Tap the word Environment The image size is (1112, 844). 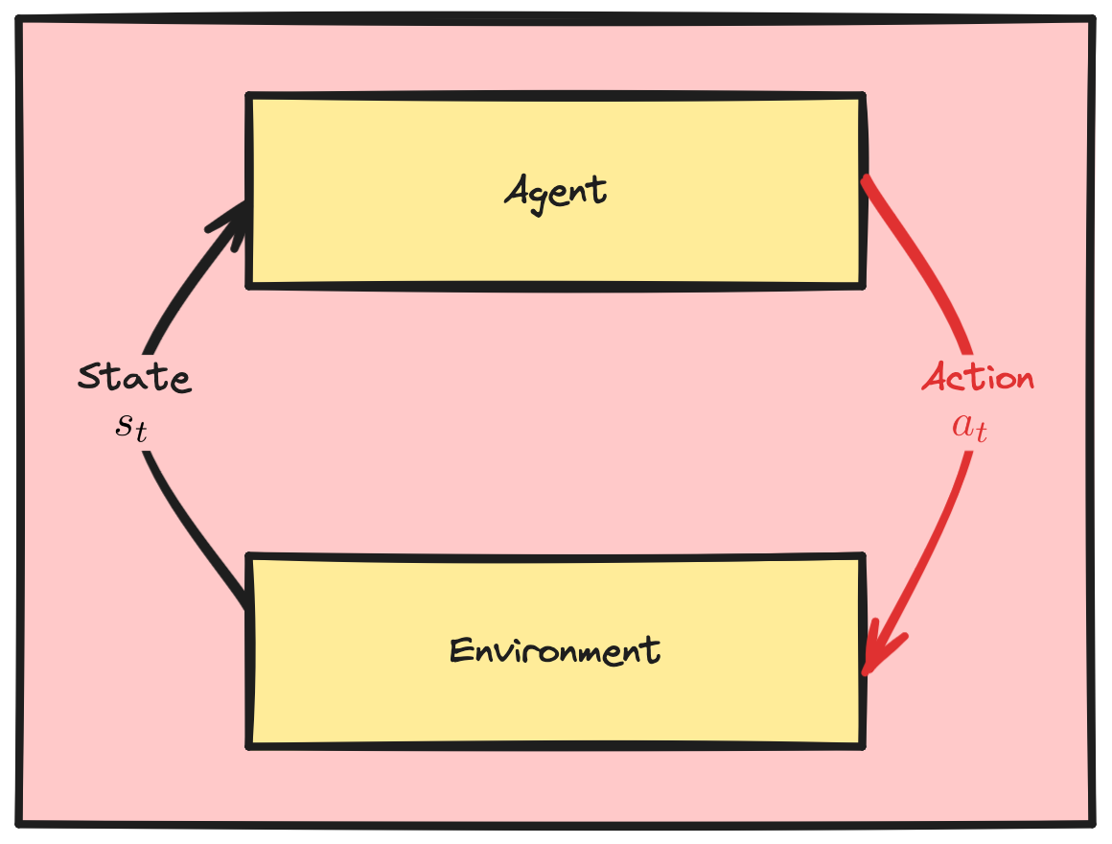(x=555, y=651)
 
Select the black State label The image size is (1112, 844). (x=134, y=378)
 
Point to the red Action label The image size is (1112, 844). (x=978, y=378)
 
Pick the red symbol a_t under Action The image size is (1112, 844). (x=969, y=427)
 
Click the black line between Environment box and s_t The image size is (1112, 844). (x=192, y=527)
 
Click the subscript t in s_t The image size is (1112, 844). (x=141, y=433)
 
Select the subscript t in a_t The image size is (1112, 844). (x=981, y=433)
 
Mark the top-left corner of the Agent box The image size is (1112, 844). (x=250, y=97)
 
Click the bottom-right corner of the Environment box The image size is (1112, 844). (x=863, y=744)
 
